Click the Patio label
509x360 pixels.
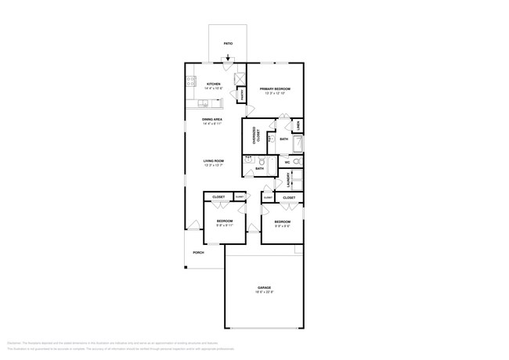229,44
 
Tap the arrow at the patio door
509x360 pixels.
228,57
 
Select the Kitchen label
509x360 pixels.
213,84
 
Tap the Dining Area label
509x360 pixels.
212,119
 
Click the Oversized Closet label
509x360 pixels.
255,135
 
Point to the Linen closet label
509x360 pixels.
299,125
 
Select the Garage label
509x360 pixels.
264,287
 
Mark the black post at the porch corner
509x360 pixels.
186,268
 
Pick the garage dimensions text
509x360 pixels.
264,292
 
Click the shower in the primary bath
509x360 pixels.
298,143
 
